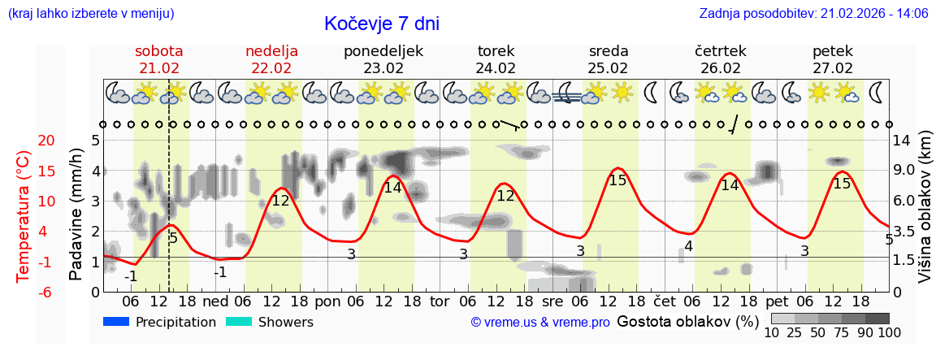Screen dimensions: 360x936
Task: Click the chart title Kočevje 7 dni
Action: click(382, 24)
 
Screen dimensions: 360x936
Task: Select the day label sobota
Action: click(158, 51)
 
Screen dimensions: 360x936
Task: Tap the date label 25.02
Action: click(609, 68)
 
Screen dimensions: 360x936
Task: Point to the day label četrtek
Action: click(721, 51)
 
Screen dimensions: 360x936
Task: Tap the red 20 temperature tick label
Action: click(24, 141)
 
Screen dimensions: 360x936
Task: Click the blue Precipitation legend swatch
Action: click(117, 322)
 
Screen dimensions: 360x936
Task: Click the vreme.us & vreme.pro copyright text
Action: click(540, 323)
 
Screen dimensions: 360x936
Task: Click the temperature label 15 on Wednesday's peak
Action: click(617, 180)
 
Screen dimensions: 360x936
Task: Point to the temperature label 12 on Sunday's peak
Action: click(280, 201)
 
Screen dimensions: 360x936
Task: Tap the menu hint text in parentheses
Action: click(90, 14)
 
